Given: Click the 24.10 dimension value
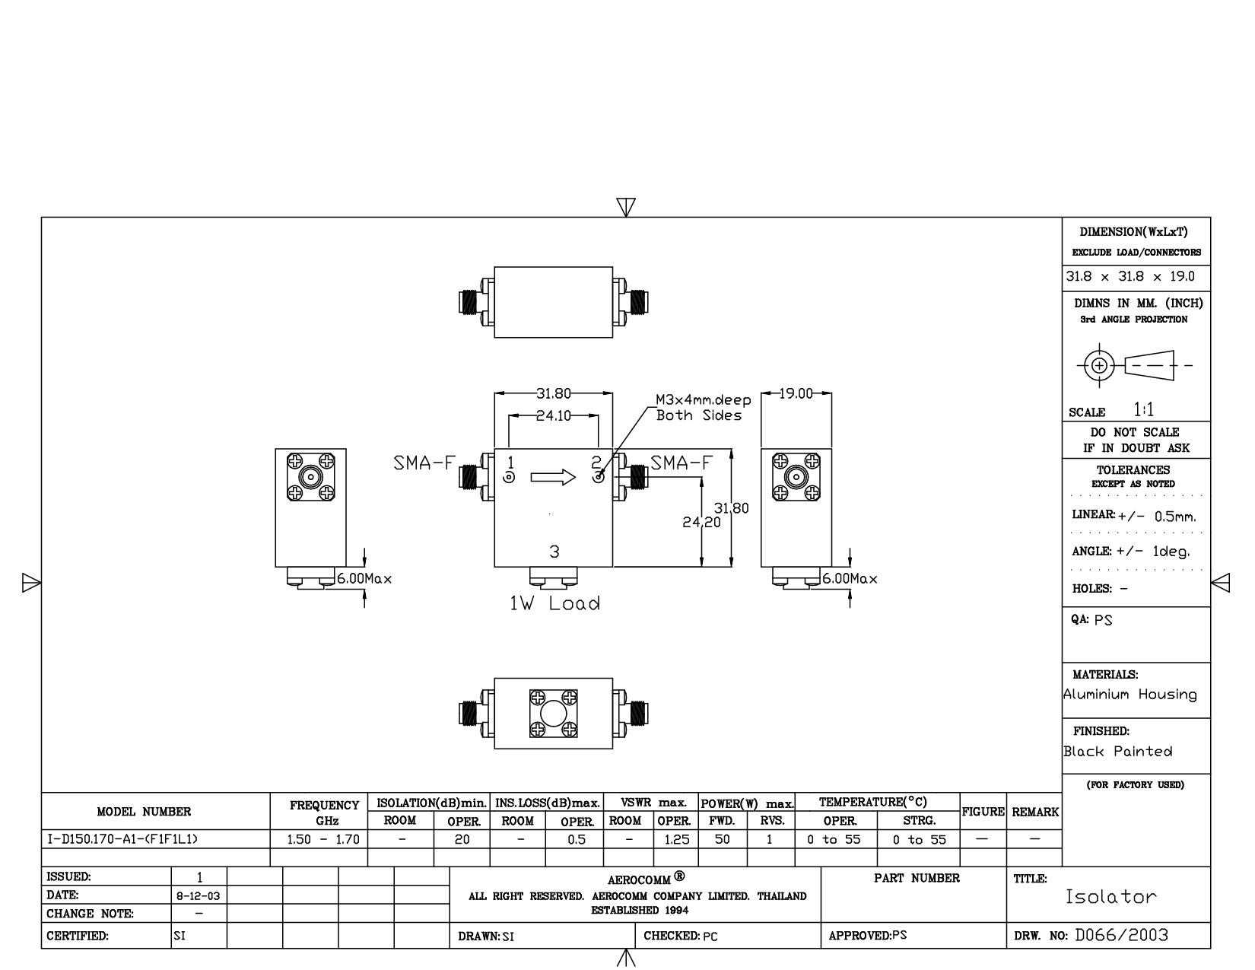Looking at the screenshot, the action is pyautogui.click(x=553, y=415).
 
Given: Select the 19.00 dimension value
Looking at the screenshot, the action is pyautogui.click(x=796, y=393).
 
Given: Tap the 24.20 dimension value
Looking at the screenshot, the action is pyautogui.click(x=701, y=522).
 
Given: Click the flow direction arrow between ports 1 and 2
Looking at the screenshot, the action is pyautogui.click(x=553, y=477).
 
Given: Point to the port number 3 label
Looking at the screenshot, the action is pyautogui.click(x=554, y=552).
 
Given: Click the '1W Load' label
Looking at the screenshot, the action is pyautogui.click(x=554, y=604).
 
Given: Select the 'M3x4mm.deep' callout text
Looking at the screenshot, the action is pyautogui.click(x=703, y=399).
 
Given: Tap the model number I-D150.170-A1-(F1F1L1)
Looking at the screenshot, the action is pyautogui.click(x=122, y=839).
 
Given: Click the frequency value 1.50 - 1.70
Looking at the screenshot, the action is pyautogui.click(x=323, y=839).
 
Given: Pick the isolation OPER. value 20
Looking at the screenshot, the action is pyautogui.click(x=462, y=839).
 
